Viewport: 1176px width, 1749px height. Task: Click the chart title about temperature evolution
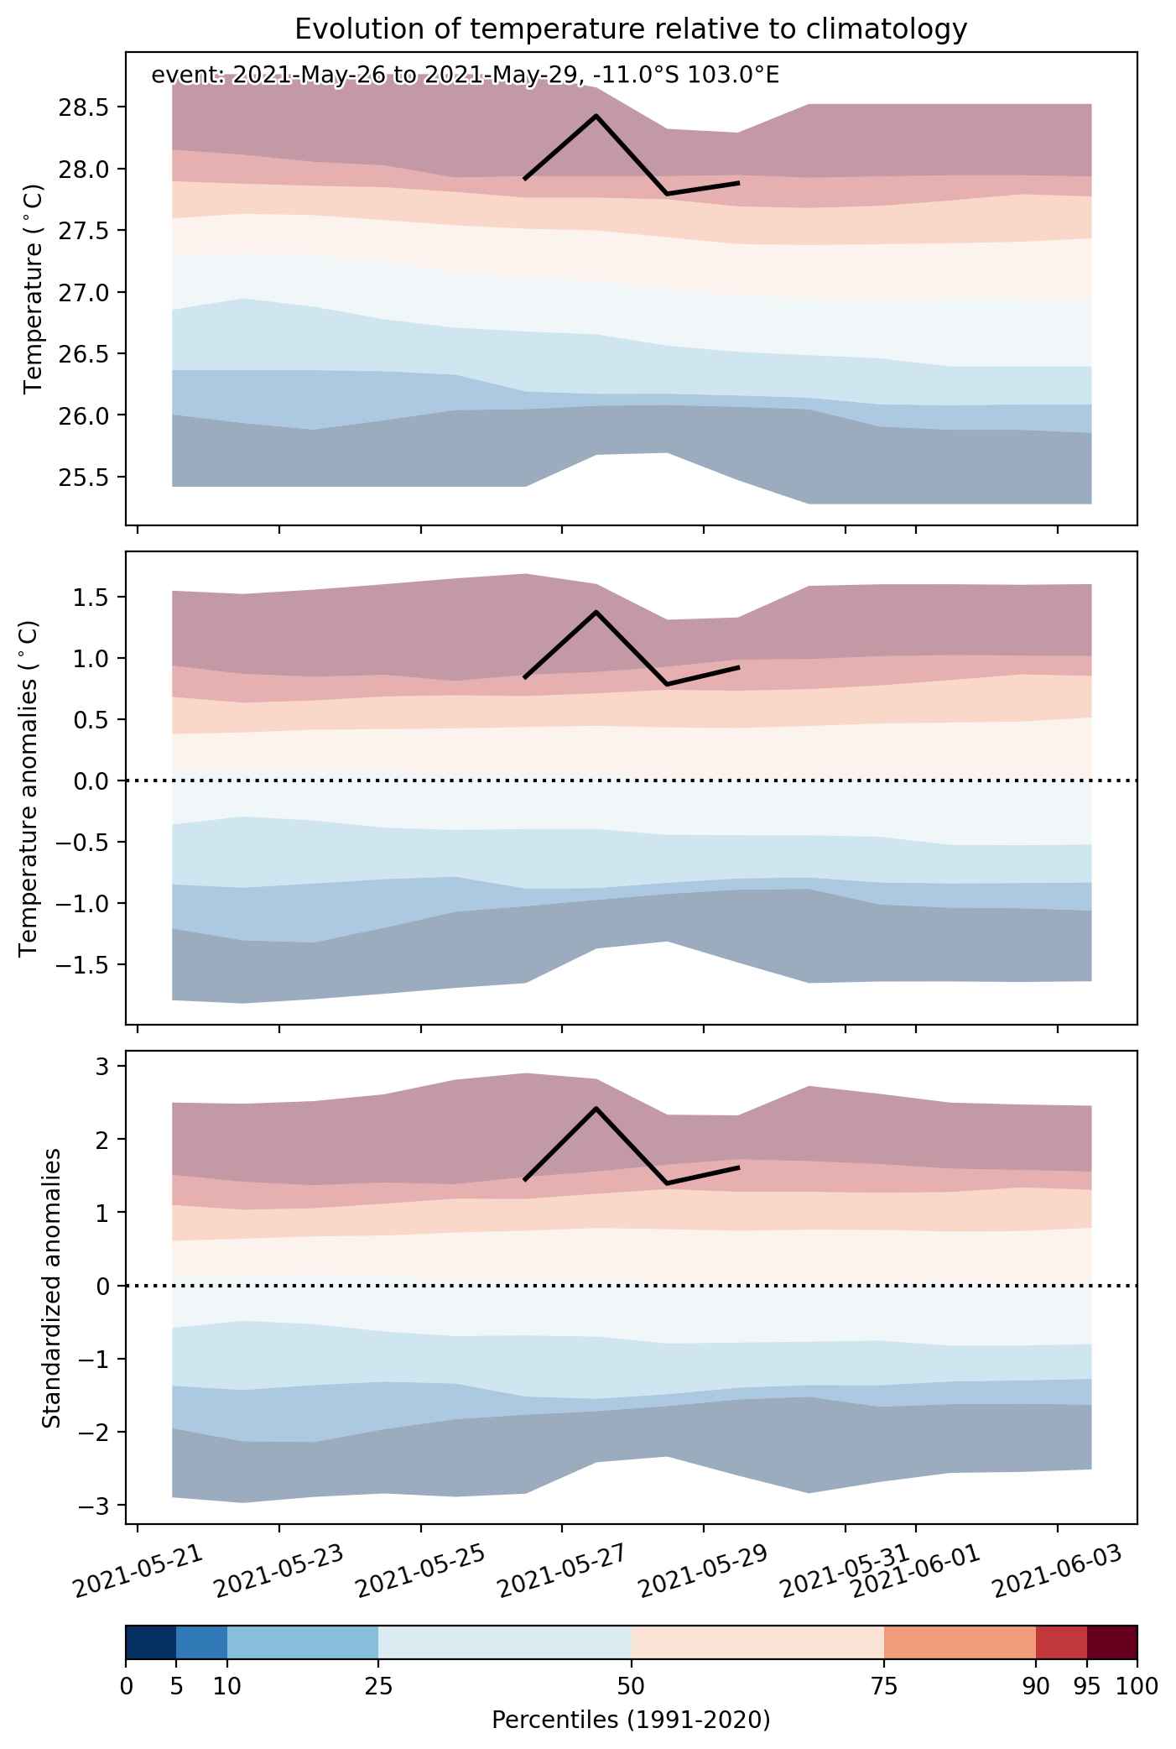pyautogui.click(x=631, y=29)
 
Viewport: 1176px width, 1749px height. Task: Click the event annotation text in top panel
pyautogui.click(x=465, y=76)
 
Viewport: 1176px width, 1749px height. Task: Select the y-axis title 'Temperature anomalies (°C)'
pyautogui.click(x=30, y=788)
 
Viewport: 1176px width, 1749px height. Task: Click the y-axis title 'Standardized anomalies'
pyautogui.click(x=51, y=1287)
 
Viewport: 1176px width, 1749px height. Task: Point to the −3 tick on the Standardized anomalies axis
pyautogui.click(x=98, y=1506)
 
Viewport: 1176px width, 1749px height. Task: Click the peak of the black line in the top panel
pyautogui.click(x=596, y=116)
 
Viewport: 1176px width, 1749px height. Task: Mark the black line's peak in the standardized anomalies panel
pyautogui.click(x=596, y=1109)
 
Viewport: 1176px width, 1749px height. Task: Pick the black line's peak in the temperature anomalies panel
pyautogui.click(x=596, y=612)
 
